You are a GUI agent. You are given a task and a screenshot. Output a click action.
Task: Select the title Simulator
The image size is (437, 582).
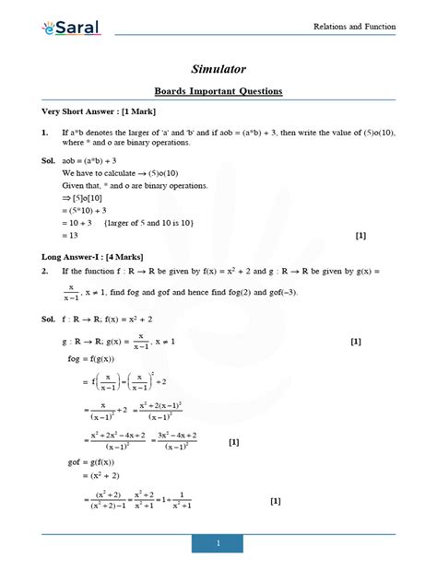coord(218,69)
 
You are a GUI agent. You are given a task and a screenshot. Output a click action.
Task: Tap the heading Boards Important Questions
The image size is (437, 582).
coord(218,91)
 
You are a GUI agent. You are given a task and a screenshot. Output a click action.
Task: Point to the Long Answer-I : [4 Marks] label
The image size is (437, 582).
coord(92,255)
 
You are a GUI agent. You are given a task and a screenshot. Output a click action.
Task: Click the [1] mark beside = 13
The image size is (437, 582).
coord(360,236)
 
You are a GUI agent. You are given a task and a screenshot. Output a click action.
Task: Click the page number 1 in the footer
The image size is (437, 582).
coord(218,544)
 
